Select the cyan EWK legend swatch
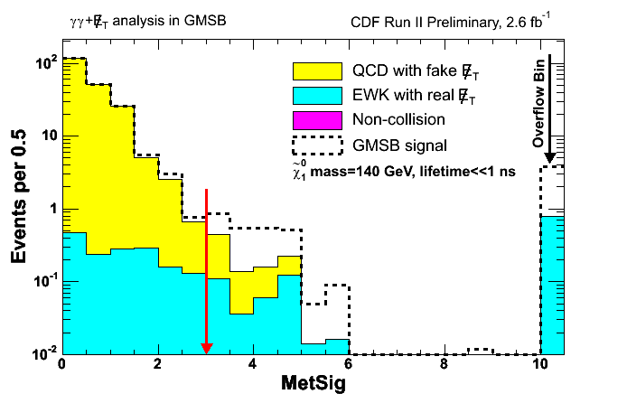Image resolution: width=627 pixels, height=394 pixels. pyautogui.click(x=317, y=95)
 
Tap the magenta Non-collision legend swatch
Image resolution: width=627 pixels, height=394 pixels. pyautogui.click(x=317, y=118)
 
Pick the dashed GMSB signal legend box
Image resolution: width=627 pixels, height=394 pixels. pyautogui.click(x=317, y=143)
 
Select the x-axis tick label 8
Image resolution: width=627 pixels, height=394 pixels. pyautogui.click(x=445, y=365)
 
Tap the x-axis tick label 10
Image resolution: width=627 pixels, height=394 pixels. pyautogui.click(x=539, y=365)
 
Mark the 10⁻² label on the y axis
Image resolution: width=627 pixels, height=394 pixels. pyautogui.click(x=42, y=353)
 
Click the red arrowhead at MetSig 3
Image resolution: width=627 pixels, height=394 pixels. pyautogui.click(x=207, y=348)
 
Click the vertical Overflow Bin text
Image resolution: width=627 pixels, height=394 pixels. pyautogui.click(x=538, y=106)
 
